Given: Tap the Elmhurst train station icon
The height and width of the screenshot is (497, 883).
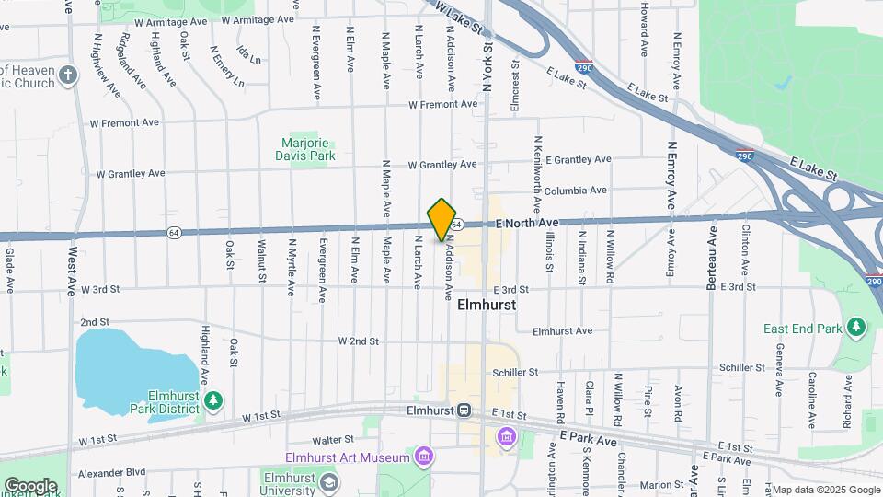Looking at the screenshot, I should pyautogui.click(x=465, y=410).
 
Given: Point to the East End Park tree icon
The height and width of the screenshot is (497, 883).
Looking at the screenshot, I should pyautogui.click(x=857, y=328).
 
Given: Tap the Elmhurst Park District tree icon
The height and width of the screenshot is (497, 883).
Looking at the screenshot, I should pyautogui.click(x=213, y=400).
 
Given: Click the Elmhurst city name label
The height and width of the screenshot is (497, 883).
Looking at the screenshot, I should pyautogui.click(x=486, y=304).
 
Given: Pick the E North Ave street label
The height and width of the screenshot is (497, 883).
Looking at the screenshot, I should pyautogui.click(x=527, y=223).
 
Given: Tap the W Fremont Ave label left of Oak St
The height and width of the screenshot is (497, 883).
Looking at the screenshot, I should pyautogui.click(x=124, y=122).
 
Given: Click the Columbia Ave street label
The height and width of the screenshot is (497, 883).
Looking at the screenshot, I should pyautogui.click(x=575, y=191).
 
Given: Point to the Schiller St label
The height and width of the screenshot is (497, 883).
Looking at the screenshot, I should pyautogui.click(x=514, y=372).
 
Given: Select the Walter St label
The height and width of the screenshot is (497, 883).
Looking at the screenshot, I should pyautogui.click(x=333, y=440).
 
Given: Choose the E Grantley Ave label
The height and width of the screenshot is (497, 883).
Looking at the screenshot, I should pyautogui.click(x=578, y=159).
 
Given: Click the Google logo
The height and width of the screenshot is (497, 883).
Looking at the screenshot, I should pyautogui.click(x=30, y=486).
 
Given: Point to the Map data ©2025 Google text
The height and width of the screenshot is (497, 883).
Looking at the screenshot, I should pyautogui.click(x=826, y=490).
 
